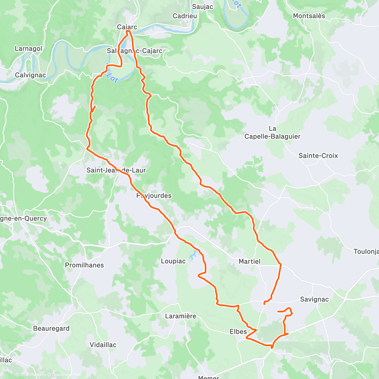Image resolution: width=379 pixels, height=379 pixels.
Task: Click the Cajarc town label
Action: point(127,27)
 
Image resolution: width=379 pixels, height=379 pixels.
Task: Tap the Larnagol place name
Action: point(28,49)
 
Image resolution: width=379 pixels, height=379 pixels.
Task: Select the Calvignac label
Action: point(30,75)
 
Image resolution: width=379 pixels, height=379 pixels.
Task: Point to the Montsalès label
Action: point(309,16)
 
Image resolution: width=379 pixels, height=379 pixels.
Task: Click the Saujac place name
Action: point(202,7)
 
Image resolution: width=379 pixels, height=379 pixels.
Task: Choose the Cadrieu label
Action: point(185,16)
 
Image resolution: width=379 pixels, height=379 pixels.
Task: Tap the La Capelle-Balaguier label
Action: point(272,133)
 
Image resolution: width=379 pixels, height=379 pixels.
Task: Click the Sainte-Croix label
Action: point(318,156)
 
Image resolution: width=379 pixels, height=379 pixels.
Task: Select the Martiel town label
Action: point(250,261)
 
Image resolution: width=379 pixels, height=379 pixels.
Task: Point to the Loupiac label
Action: point(173,261)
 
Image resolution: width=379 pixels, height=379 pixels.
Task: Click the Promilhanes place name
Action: point(84,265)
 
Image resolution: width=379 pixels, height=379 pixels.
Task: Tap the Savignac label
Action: point(314,299)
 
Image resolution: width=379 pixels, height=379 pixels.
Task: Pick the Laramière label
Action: point(181,316)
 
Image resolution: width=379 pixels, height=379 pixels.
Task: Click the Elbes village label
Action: point(238,331)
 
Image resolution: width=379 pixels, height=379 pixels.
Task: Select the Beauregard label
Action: point(51,328)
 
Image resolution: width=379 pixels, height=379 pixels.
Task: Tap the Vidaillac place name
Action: point(103,345)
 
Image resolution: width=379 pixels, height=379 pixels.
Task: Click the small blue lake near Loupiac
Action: point(193,255)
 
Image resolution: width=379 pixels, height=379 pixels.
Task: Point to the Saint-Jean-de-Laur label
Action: point(116,170)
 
